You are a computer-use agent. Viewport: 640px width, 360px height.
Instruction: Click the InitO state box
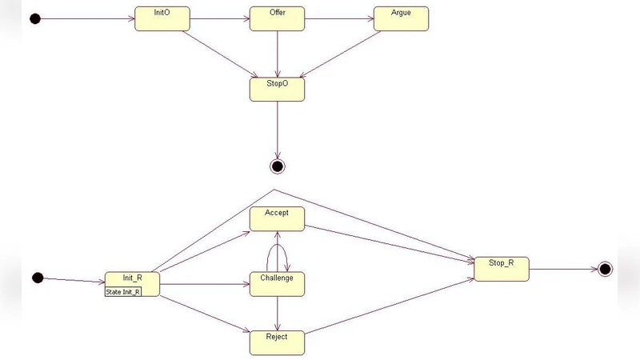[x=162, y=18]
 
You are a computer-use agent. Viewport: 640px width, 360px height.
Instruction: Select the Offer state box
[x=277, y=18]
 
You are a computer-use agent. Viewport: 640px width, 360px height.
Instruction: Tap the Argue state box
[x=401, y=18]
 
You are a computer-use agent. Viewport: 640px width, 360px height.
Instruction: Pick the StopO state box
[x=277, y=89]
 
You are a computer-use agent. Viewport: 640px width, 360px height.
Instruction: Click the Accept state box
[x=277, y=218]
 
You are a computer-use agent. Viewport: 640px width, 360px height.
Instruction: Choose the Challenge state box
[x=277, y=283]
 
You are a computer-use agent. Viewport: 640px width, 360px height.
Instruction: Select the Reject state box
[x=277, y=342]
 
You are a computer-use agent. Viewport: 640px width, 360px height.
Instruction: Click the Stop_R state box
[x=502, y=269]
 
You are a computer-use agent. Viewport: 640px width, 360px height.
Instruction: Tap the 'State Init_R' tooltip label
[x=123, y=292]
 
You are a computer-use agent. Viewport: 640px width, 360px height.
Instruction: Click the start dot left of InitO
[x=35, y=18]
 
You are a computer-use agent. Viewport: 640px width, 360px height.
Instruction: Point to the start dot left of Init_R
[x=37, y=278]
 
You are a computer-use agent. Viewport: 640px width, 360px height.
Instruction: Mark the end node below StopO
[x=278, y=166]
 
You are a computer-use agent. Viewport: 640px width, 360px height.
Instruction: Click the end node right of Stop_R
[x=605, y=269]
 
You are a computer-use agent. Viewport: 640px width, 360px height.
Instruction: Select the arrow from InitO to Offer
[x=219, y=18]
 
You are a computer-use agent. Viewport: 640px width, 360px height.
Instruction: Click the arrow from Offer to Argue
[x=339, y=18]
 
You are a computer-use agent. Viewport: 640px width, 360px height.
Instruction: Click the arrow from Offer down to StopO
[x=277, y=54]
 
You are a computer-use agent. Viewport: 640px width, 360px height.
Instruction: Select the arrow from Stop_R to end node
[x=563, y=269]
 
